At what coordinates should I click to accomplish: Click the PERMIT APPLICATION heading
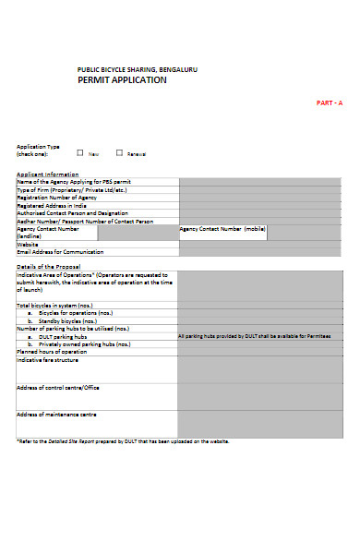click(x=122, y=80)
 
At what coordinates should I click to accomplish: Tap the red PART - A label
click(x=330, y=102)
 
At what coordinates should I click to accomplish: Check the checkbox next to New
click(x=80, y=153)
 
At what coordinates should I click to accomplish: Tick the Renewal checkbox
click(x=119, y=153)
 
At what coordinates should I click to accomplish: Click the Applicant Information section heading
click(x=48, y=174)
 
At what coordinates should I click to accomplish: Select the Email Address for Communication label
click(x=60, y=251)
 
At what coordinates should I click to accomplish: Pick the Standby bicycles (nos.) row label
click(x=64, y=321)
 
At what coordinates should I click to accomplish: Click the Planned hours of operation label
click(x=52, y=351)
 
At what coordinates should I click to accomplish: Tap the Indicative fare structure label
click(x=48, y=359)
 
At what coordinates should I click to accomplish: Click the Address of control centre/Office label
click(x=57, y=388)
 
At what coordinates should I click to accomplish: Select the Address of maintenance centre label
click(x=56, y=415)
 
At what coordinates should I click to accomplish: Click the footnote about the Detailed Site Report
click(x=123, y=441)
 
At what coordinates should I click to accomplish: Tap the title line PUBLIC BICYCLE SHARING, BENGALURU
click(x=137, y=69)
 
